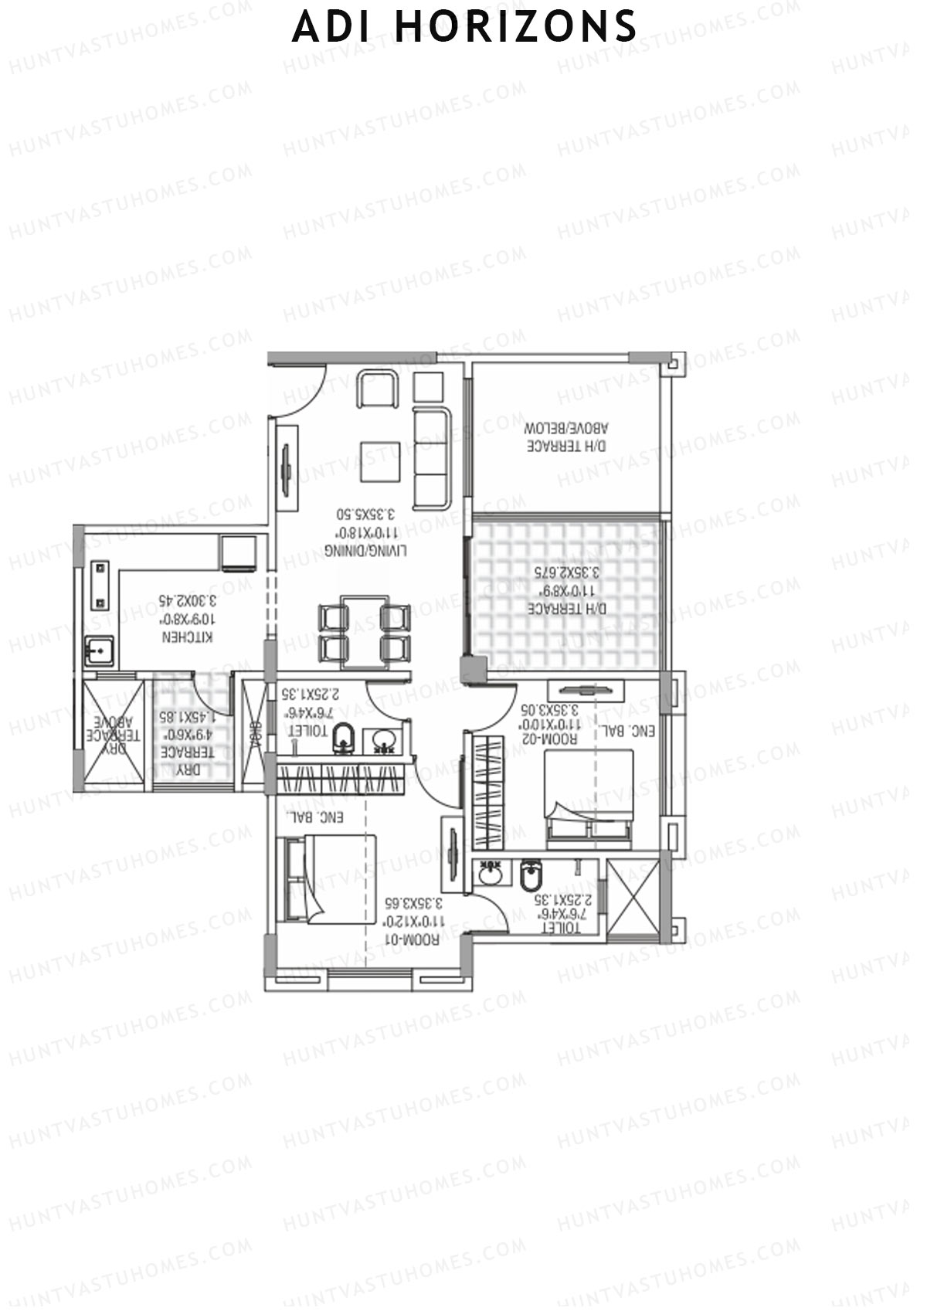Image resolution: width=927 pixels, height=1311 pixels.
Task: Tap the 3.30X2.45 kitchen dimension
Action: pyautogui.click(x=187, y=599)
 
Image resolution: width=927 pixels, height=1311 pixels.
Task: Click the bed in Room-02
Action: pyautogui.click(x=589, y=796)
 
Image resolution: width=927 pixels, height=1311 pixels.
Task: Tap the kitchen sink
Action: pyautogui.click(x=98, y=652)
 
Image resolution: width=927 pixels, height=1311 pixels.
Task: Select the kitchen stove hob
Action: pyautogui.click(x=100, y=584)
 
